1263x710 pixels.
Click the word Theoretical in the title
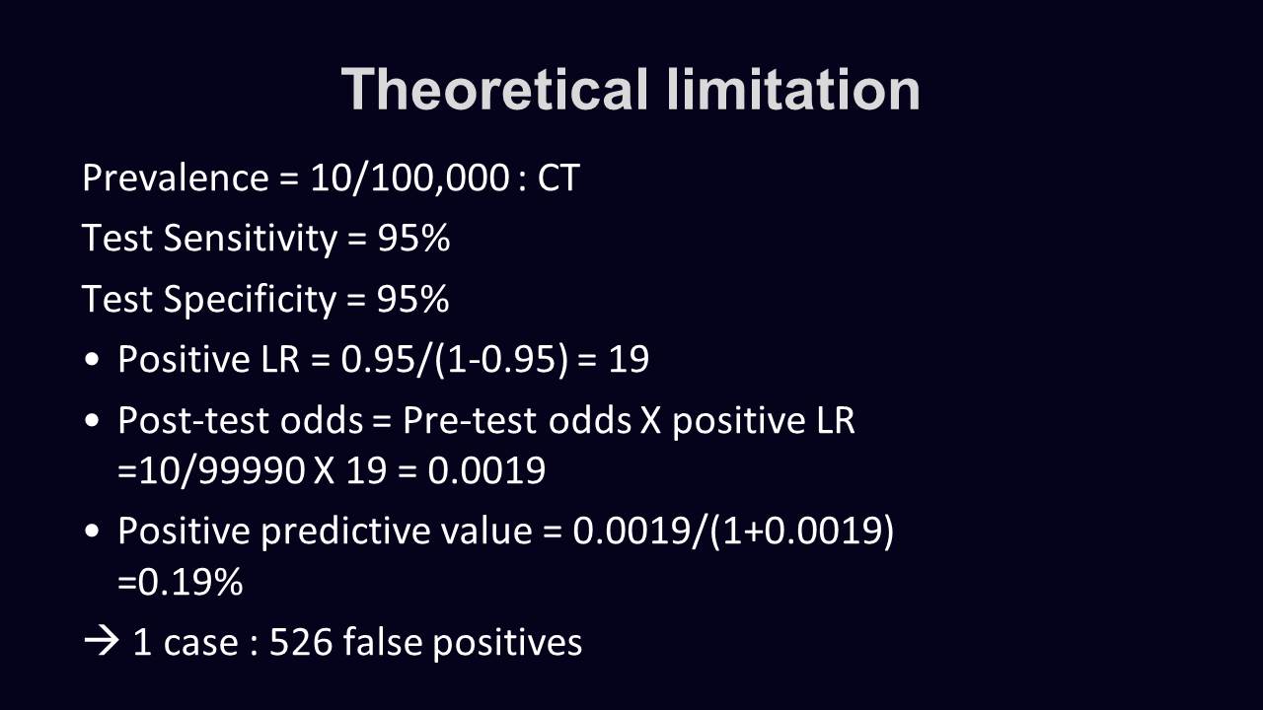tap(494, 89)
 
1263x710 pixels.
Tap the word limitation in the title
tap(792, 89)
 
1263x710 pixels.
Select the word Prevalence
tap(176, 178)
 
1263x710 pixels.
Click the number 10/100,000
tap(409, 179)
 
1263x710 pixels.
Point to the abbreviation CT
tap(558, 178)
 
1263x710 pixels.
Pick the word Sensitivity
tap(251, 239)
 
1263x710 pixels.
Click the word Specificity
tap(250, 300)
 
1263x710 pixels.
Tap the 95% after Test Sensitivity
tap(413, 238)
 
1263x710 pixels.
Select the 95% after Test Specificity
tap(413, 299)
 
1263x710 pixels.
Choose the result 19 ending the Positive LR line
tap(629, 359)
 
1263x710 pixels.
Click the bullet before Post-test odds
tap(92, 420)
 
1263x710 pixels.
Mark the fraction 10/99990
tap(222, 471)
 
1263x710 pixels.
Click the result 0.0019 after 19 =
tap(486, 470)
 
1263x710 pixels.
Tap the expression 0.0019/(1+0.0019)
tap(733, 532)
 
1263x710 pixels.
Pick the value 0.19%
tap(190, 582)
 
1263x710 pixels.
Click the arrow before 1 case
tap(102, 642)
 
